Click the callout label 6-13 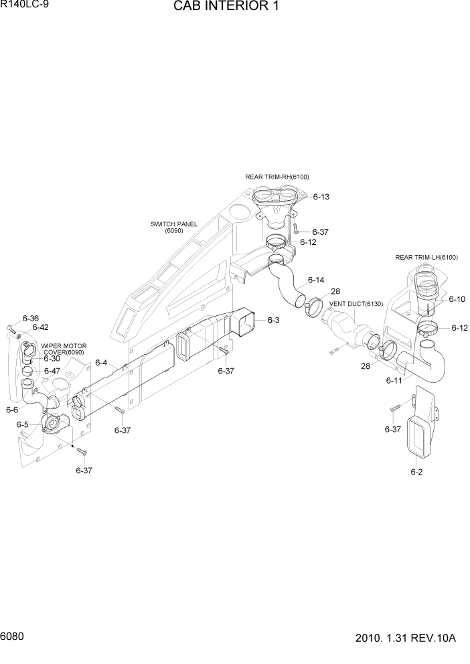pyautogui.click(x=321, y=197)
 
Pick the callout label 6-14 pyautogui.click(x=316, y=280)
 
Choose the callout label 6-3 pyautogui.click(x=273, y=321)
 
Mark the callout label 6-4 pyautogui.click(x=101, y=363)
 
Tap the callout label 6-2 pyautogui.click(x=416, y=472)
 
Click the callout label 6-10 pyautogui.click(x=457, y=299)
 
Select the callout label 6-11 pyautogui.click(x=393, y=380)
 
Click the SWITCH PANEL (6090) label pyautogui.click(x=173, y=228)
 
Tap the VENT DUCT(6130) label pyautogui.click(x=356, y=304)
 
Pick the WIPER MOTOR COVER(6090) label pyautogui.click(x=64, y=349)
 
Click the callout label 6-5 pyautogui.click(x=22, y=424)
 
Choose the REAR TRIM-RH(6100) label pyautogui.click(x=277, y=177)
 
